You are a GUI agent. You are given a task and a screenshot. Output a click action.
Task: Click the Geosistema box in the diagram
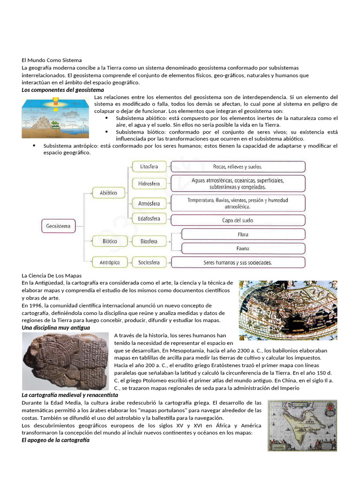click(58, 226)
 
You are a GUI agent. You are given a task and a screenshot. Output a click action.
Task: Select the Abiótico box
click(108, 193)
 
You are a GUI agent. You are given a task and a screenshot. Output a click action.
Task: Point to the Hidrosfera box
click(149, 183)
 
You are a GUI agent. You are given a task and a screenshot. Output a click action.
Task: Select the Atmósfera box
click(149, 203)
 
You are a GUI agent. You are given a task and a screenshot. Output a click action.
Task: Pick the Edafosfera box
click(149, 219)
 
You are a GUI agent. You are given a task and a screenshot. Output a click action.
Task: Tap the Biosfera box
click(149, 242)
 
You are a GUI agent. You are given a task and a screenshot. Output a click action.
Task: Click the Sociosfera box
click(149, 262)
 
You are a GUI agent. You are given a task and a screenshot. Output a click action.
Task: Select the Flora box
click(243, 234)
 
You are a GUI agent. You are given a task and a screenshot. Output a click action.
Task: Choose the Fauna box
click(243, 248)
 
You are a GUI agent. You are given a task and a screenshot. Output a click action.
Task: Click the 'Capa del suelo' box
click(238, 220)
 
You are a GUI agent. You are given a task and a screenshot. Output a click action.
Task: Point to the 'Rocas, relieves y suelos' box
click(238, 167)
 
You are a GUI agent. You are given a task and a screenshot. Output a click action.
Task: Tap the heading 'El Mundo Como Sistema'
click(52, 60)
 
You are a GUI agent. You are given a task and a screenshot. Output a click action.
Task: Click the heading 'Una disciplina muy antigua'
click(56, 328)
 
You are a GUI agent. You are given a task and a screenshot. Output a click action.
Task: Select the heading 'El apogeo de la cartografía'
click(55, 440)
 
